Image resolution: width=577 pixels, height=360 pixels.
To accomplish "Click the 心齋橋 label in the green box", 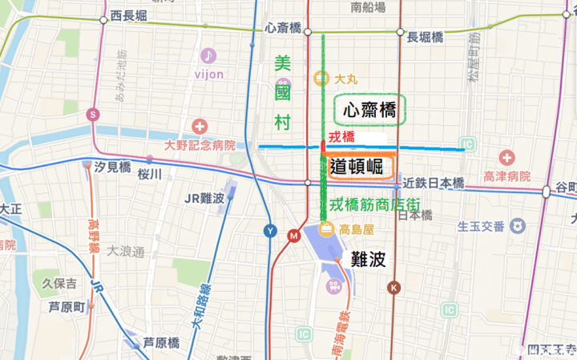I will point(369,110).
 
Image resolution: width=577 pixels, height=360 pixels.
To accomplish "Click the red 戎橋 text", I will point(342,137).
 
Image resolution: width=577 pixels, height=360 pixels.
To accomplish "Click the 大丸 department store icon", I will point(321,78).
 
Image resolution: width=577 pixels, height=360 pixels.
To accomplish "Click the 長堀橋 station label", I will point(425,38).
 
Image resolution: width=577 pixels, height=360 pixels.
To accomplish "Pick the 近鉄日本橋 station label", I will point(433,184).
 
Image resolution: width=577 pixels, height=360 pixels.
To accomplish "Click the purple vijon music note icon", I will point(208,55).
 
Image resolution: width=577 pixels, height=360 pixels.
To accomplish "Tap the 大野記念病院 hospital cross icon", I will point(200,127).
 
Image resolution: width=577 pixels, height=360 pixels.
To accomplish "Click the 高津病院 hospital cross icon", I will point(507,157).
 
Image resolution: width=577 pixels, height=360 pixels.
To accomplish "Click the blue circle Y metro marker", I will point(270,233).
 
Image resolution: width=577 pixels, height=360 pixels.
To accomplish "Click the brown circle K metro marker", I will point(393,287).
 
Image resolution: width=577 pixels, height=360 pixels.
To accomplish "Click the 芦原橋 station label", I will point(160,342).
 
